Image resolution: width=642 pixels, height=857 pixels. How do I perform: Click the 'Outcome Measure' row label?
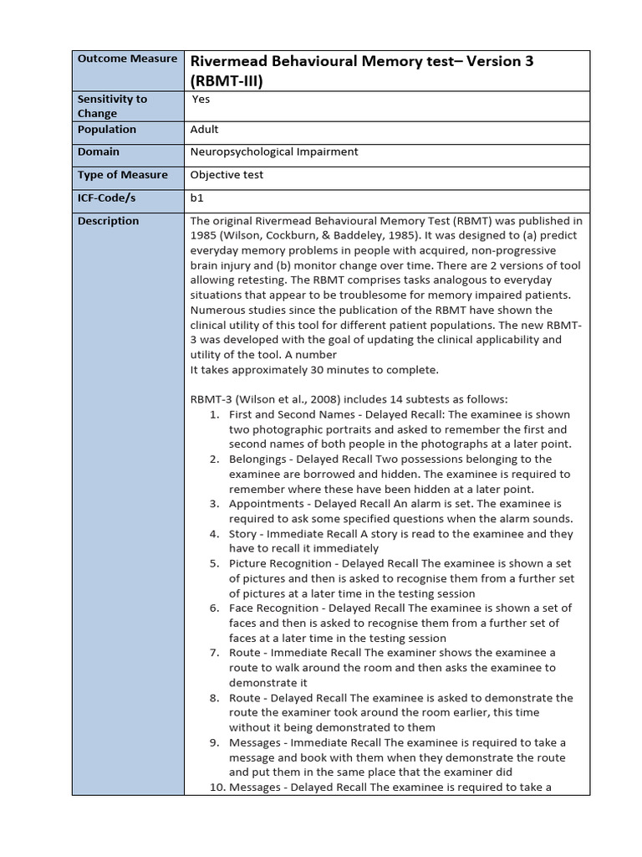[127, 59]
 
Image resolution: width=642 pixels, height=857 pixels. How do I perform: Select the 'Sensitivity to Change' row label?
[112, 105]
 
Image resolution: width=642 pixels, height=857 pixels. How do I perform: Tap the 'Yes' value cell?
[201, 99]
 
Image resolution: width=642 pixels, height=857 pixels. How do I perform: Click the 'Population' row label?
[107, 130]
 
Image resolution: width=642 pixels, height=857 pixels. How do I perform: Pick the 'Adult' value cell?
[205, 130]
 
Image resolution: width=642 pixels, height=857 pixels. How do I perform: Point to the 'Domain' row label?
[99, 152]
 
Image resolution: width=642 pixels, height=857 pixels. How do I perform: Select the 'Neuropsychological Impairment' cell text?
[274, 152]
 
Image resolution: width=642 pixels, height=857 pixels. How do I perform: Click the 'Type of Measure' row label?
[123, 175]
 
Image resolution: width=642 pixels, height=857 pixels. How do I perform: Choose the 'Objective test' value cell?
[227, 175]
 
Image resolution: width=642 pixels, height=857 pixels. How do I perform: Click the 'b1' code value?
[197, 198]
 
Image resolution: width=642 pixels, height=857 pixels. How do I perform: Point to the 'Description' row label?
[109, 221]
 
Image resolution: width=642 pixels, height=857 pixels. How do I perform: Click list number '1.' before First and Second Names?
[214, 414]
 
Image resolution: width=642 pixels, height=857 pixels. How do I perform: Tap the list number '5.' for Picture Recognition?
[214, 563]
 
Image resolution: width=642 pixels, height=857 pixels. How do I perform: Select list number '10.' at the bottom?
[216, 787]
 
